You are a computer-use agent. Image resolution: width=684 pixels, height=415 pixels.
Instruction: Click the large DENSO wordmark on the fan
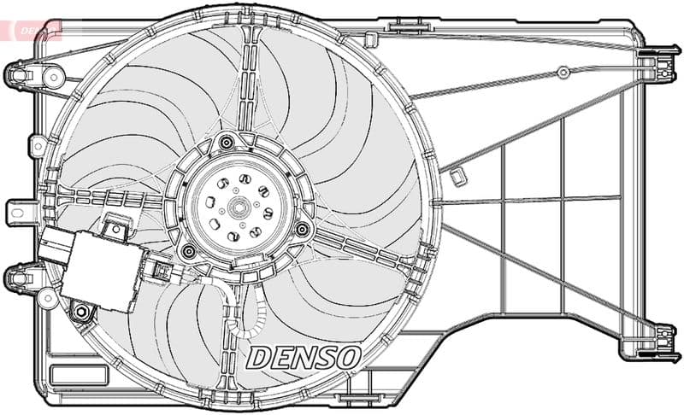point(304,358)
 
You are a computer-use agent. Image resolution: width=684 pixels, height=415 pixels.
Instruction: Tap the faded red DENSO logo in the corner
point(32,29)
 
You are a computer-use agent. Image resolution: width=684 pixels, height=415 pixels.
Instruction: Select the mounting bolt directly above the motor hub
point(226,142)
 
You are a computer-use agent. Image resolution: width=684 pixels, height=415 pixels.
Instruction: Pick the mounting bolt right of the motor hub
point(302,229)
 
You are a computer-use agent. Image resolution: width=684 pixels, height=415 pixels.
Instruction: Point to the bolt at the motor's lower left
point(189,250)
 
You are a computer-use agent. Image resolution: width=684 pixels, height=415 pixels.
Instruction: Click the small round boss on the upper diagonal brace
point(562,73)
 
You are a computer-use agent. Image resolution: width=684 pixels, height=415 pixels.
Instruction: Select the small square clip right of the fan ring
point(457,177)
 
